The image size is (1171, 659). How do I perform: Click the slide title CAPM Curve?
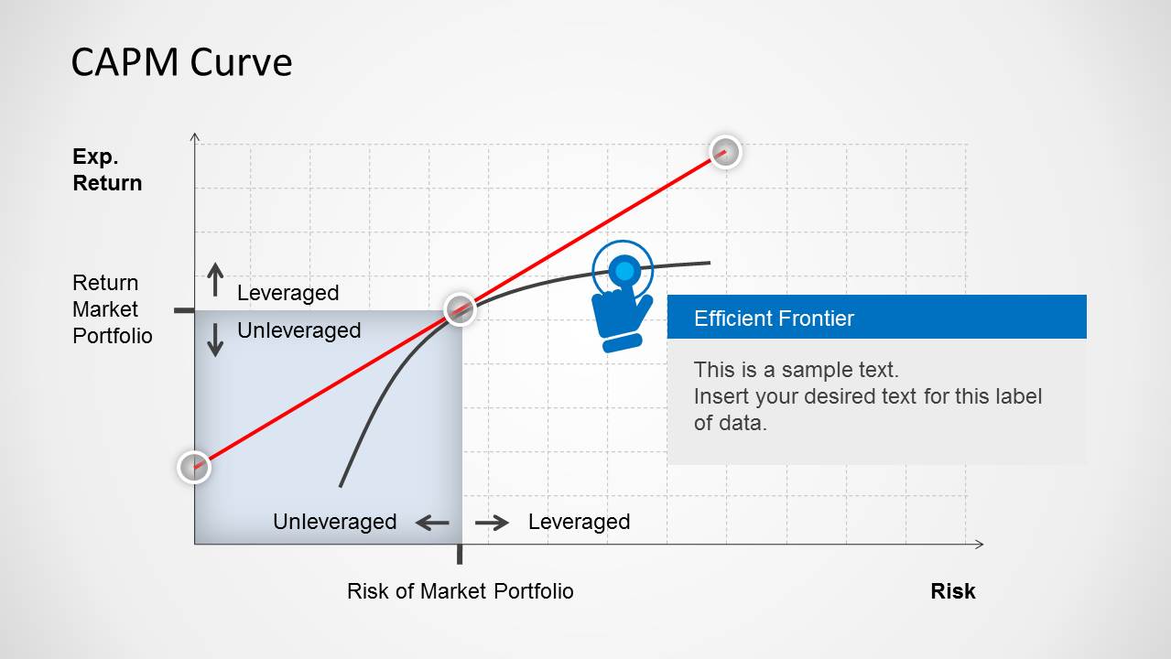[181, 62]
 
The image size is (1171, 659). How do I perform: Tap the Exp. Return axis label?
[107, 170]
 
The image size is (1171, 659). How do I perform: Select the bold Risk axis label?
[952, 591]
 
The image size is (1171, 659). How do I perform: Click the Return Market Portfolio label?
[112, 309]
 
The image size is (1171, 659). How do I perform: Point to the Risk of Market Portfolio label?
[460, 591]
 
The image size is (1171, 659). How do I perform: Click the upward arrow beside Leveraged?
[215, 280]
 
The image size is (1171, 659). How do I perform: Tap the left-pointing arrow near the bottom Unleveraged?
[432, 523]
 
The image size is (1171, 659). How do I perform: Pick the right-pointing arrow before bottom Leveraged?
[492, 523]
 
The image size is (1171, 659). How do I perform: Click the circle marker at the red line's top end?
[725, 152]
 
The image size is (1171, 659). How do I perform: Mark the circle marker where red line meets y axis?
[194, 467]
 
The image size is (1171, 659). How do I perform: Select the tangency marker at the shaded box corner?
[460, 309]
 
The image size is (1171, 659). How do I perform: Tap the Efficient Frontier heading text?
[774, 319]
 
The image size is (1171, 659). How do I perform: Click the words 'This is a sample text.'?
[796, 370]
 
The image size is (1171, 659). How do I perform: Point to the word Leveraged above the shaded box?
[287, 293]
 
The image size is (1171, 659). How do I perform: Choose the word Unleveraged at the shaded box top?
[298, 330]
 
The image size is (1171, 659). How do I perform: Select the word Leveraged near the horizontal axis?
[579, 522]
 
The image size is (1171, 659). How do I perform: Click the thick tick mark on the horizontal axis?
[460, 554]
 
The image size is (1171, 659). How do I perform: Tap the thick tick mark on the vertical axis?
[184, 310]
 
